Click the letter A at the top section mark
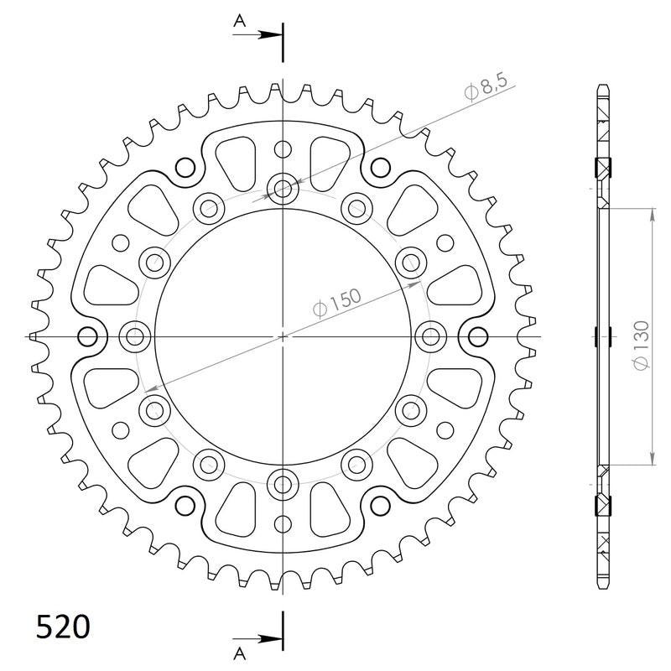(239, 24)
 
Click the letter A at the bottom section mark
(239, 651)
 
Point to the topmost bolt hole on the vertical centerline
(283, 188)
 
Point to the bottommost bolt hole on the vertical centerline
(283, 483)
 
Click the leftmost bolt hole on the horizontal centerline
(134, 337)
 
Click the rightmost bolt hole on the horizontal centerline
(432, 337)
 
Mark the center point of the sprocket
(283, 336)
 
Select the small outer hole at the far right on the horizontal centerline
(479, 337)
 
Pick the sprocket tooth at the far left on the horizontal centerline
(34, 336)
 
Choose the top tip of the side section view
(603, 86)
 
